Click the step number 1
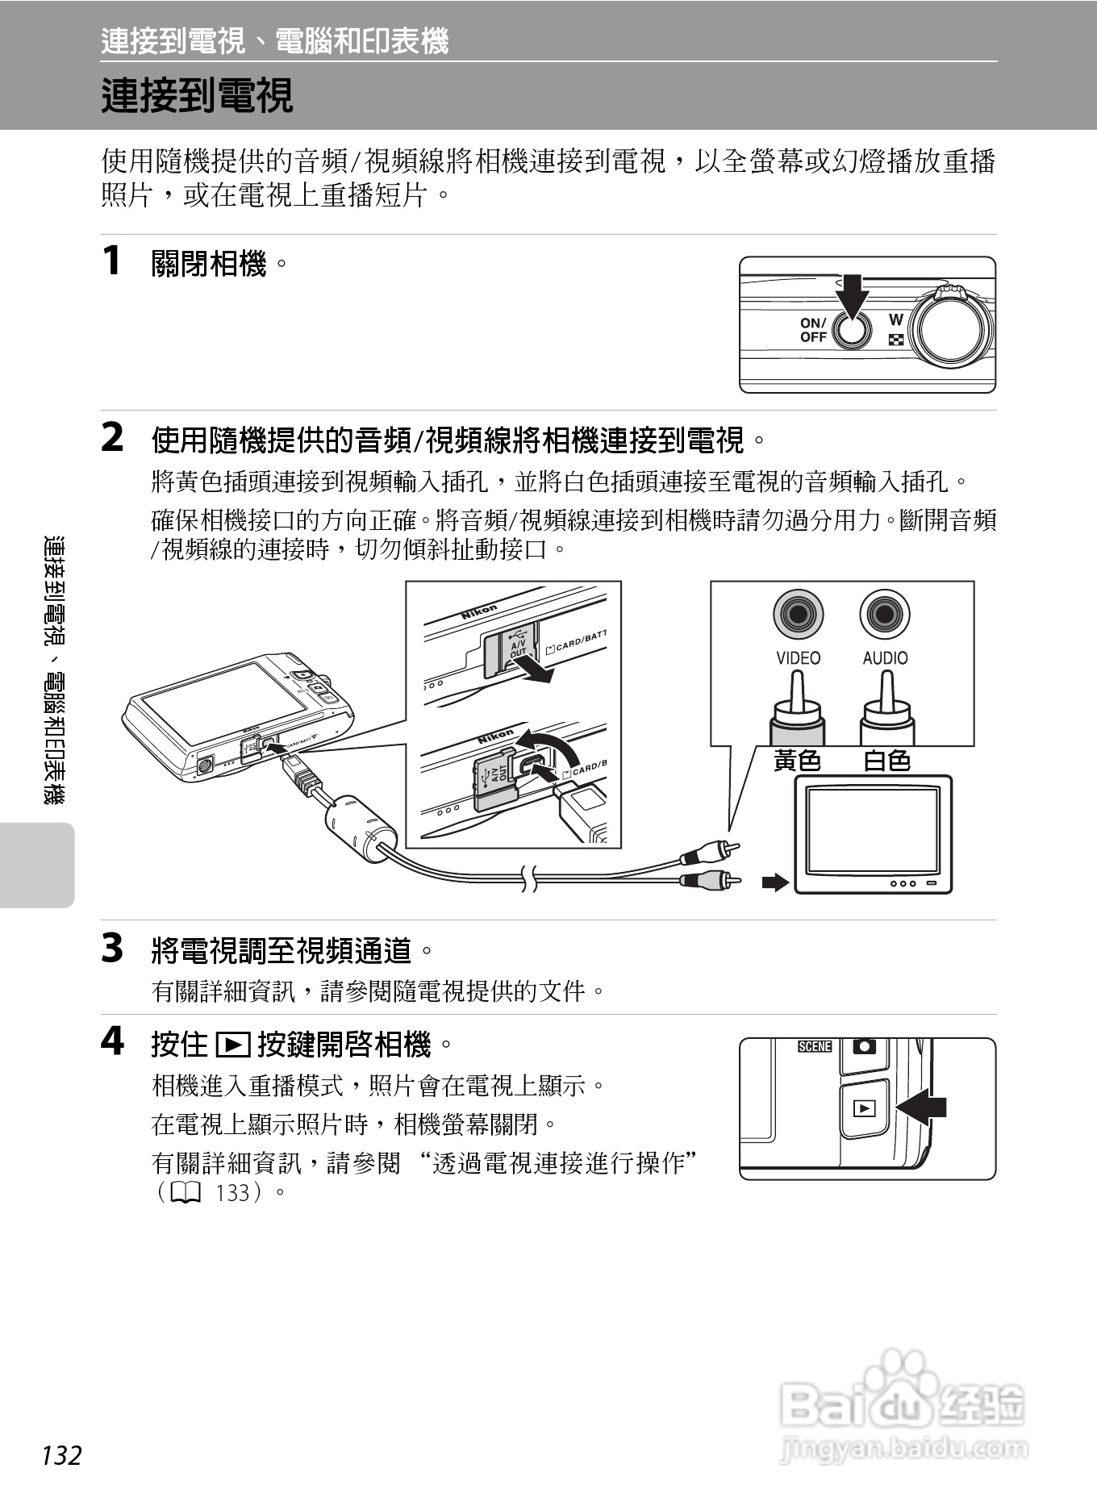pyautogui.click(x=112, y=261)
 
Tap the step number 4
pyautogui.click(x=112, y=1041)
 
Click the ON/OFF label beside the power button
pyautogui.click(x=813, y=330)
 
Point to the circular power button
pyautogui.click(x=852, y=330)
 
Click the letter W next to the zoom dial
pyautogui.click(x=895, y=320)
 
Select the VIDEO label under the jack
pyautogui.click(x=798, y=658)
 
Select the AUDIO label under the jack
pyautogui.click(x=885, y=658)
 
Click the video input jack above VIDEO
pyautogui.click(x=798, y=615)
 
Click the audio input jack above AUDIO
pyautogui.click(x=885, y=615)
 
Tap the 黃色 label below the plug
pyautogui.click(x=797, y=761)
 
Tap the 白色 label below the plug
pyautogui.click(x=886, y=761)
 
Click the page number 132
pyautogui.click(x=62, y=1456)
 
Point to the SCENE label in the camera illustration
pyautogui.click(x=815, y=1046)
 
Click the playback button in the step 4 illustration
pyautogui.click(x=864, y=1108)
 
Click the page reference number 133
pyautogui.click(x=233, y=1192)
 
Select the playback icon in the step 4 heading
pyautogui.click(x=233, y=1045)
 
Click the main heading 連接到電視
pyautogui.click(x=197, y=96)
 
